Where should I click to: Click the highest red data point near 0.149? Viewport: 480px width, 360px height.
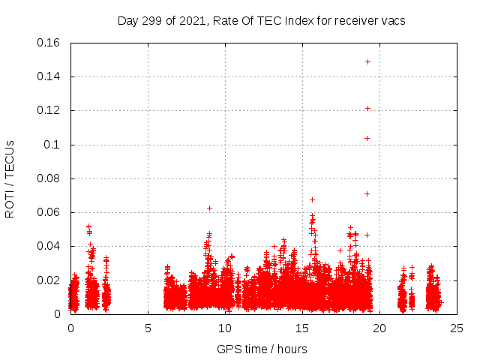pyautogui.click(x=367, y=61)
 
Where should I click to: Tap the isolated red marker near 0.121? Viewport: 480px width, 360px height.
pyautogui.click(x=367, y=108)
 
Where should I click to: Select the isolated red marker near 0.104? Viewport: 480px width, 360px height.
pyautogui.click(x=367, y=138)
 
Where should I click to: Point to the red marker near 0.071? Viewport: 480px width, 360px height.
pyautogui.click(x=367, y=193)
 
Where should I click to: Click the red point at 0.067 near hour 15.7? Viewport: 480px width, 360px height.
pyautogui.click(x=312, y=199)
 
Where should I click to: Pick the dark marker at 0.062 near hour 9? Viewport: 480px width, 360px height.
pyautogui.click(x=209, y=208)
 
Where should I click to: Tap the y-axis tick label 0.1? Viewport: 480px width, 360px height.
pyautogui.click(x=54, y=145)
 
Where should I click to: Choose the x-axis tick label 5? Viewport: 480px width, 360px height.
pyautogui.click(x=148, y=328)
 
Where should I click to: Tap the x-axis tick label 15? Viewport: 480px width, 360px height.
pyautogui.click(x=302, y=328)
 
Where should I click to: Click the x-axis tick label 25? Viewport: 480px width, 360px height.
pyautogui.click(x=456, y=328)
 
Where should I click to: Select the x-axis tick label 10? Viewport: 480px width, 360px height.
pyautogui.click(x=225, y=328)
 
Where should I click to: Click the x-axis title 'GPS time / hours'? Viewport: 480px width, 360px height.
pyautogui.click(x=262, y=349)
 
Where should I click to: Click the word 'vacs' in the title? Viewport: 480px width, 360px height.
pyautogui.click(x=393, y=20)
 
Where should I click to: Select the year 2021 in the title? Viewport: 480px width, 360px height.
pyautogui.click(x=190, y=20)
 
